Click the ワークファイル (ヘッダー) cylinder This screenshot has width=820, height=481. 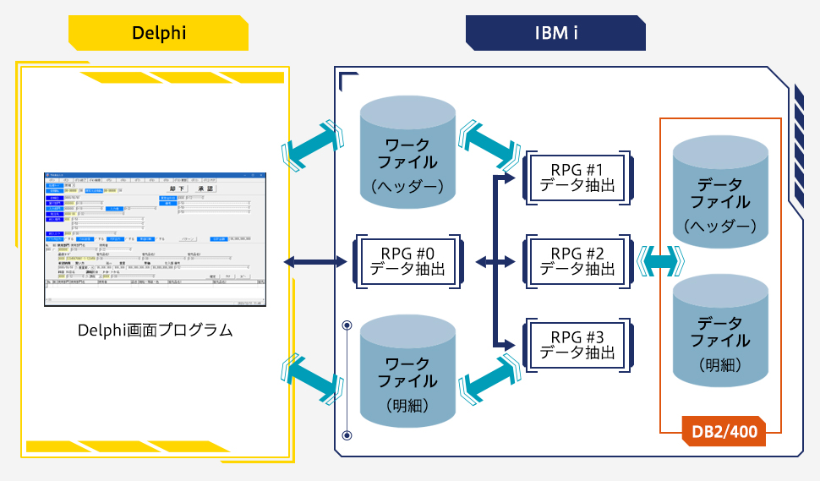[x=407, y=152]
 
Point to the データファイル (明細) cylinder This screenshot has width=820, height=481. [x=720, y=331]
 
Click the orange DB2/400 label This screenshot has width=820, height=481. [x=724, y=432]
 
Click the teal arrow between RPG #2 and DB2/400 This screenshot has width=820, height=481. [x=661, y=262]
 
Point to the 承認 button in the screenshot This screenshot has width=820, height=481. [x=205, y=189]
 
